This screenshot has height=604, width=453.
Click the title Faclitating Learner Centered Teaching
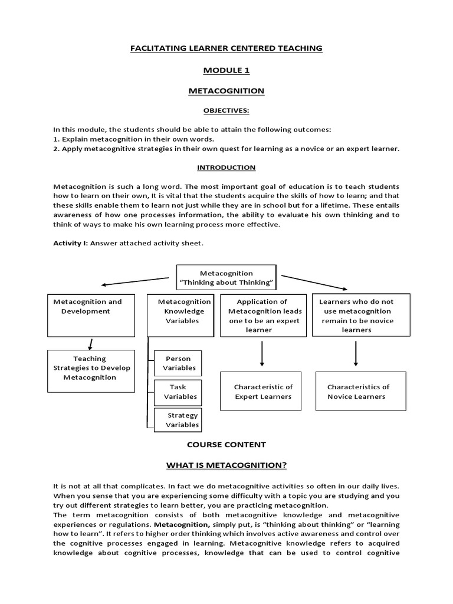tap(226, 48)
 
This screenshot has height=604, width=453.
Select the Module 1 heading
tap(226, 70)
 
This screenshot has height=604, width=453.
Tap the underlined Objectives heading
tap(226, 110)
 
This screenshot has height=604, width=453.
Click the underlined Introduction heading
tap(226, 168)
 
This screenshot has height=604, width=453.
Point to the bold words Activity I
tap(67, 244)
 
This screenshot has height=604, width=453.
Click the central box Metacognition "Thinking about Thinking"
tap(226, 278)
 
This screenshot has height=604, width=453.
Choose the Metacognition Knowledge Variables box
tap(180, 315)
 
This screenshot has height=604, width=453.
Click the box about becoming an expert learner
tap(263, 316)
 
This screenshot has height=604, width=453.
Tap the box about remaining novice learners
tap(356, 315)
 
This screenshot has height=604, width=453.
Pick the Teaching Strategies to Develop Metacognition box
tap(90, 370)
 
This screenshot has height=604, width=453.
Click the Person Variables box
tap(178, 363)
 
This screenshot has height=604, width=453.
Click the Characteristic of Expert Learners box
tap(263, 392)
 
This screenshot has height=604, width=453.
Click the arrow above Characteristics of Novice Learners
tap(356, 353)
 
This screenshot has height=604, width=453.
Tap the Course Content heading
tap(226, 445)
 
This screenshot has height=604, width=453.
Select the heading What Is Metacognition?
tap(226, 466)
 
